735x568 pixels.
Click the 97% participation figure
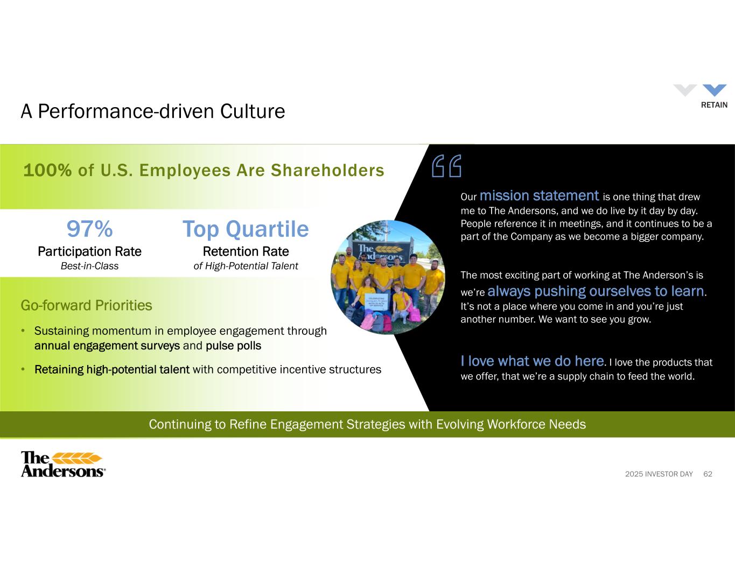pyautogui.click(x=89, y=229)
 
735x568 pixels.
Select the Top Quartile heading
pyautogui.click(x=246, y=229)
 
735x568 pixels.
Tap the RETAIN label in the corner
pyautogui.click(x=714, y=105)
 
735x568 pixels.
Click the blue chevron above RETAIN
pyautogui.click(x=715, y=90)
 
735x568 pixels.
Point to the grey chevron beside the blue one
pyautogui.click(x=685, y=90)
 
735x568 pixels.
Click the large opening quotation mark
pyautogui.click(x=446, y=166)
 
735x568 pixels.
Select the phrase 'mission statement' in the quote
pyautogui.click(x=539, y=196)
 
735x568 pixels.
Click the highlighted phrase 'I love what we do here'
pyautogui.click(x=532, y=361)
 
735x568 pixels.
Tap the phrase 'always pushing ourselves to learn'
pyautogui.click(x=596, y=291)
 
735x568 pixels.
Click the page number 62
pyautogui.click(x=708, y=474)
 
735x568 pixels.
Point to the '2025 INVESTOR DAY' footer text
pyautogui.click(x=659, y=474)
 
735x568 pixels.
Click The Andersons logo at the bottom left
pyautogui.click(x=63, y=464)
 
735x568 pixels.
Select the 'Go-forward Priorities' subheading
pyautogui.click(x=86, y=305)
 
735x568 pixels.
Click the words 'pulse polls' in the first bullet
pyautogui.click(x=233, y=346)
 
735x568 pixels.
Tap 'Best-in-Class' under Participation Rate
pyautogui.click(x=89, y=266)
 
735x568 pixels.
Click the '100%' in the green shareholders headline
pyautogui.click(x=47, y=170)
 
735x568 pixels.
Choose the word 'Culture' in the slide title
pyautogui.click(x=253, y=111)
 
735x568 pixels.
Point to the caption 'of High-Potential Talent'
pyautogui.click(x=246, y=267)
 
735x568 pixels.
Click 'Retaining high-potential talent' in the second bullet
pyautogui.click(x=112, y=369)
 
